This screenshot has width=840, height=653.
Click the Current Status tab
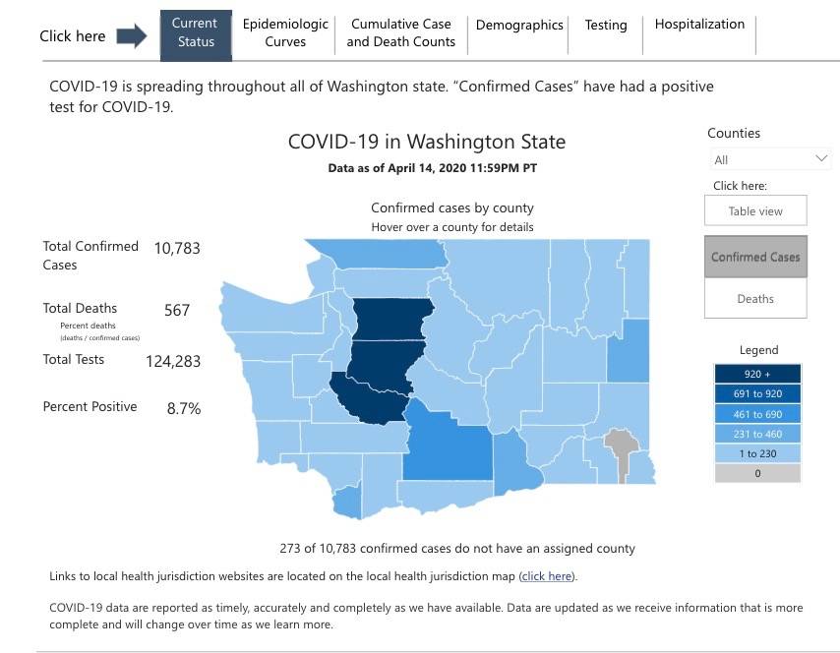coord(196,33)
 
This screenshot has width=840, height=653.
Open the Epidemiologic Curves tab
coord(285,33)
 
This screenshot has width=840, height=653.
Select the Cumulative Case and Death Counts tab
coord(400,33)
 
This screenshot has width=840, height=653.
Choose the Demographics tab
coord(519,26)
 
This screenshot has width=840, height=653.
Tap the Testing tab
coord(605,26)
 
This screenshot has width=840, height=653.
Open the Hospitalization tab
coord(699,25)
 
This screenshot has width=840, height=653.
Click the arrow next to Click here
coord(131,36)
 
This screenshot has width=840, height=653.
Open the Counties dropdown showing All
coord(770,159)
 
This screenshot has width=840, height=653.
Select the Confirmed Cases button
coord(755,257)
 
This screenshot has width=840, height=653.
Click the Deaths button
coord(755,299)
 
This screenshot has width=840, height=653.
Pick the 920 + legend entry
coord(757,375)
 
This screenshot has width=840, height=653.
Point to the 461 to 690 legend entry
coord(757,414)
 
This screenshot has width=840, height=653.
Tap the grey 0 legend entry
coord(757,473)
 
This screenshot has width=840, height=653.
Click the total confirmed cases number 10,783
coord(177,248)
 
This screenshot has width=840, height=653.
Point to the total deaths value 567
coord(177,310)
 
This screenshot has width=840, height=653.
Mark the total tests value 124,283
coord(173,361)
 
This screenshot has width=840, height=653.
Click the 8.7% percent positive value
coord(184,408)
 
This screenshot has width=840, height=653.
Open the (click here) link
coord(546,576)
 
